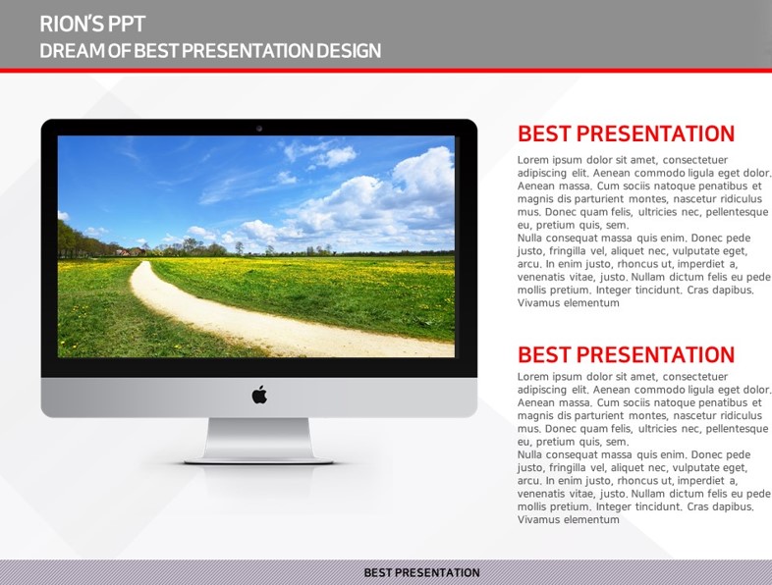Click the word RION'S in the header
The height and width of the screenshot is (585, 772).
[71, 24]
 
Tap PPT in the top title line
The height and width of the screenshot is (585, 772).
[127, 24]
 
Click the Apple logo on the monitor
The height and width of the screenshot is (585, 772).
[259, 395]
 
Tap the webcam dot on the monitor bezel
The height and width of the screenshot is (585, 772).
[259, 129]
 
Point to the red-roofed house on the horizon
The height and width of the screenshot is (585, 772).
[123, 252]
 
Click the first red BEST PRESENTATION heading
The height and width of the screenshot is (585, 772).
[626, 133]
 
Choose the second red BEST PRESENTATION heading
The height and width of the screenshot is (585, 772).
[626, 354]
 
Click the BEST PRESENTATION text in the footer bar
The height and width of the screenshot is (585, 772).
[421, 572]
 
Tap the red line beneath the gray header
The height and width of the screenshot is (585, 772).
[386, 71]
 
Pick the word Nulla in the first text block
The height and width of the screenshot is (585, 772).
[529, 239]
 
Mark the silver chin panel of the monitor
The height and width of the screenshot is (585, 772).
[259, 398]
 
